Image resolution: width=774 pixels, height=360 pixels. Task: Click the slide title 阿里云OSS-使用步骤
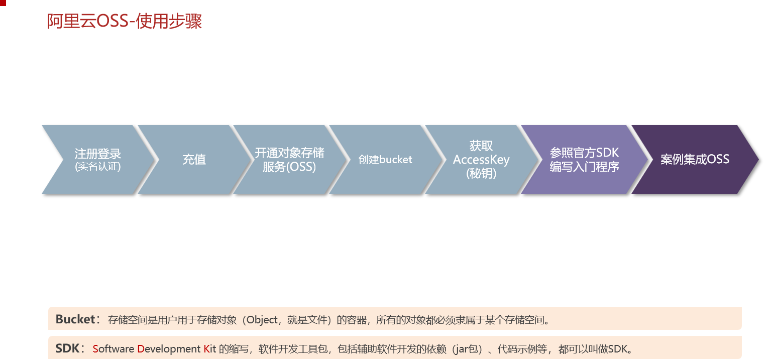pyautogui.click(x=124, y=22)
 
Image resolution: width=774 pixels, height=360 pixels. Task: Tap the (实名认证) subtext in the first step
pyautogui.click(x=97, y=167)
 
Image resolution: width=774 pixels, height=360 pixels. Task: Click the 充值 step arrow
pyautogui.click(x=194, y=160)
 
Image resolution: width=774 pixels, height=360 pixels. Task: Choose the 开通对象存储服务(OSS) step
pyautogui.click(x=289, y=160)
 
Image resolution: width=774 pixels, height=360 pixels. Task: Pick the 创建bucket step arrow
pyautogui.click(x=385, y=160)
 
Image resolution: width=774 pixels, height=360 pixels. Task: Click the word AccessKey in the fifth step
pyautogui.click(x=481, y=160)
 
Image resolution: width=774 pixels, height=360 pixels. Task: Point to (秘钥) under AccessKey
pyautogui.click(x=481, y=173)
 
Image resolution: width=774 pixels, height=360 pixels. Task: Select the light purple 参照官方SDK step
pyautogui.click(x=584, y=153)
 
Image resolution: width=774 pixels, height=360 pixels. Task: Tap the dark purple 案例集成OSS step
pyautogui.click(x=695, y=160)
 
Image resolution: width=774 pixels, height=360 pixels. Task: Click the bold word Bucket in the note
pyautogui.click(x=75, y=319)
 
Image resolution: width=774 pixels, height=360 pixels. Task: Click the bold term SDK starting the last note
pyautogui.click(x=67, y=348)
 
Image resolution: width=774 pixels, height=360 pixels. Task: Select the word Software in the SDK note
pyautogui.click(x=114, y=349)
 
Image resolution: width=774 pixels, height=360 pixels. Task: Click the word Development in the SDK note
pyautogui.click(x=169, y=349)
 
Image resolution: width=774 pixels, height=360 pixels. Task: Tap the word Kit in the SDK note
pyautogui.click(x=210, y=349)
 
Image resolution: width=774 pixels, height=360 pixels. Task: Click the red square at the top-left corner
pyautogui.click(x=3, y=3)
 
